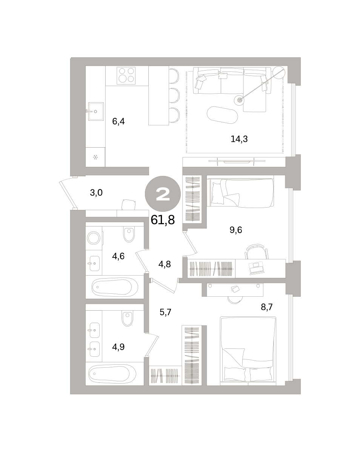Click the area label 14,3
coord(239,139)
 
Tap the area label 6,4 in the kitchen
coord(118,122)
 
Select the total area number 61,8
coord(163,220)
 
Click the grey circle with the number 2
coord(163,194)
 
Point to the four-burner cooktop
coord(126,75)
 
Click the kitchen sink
coord(96,111)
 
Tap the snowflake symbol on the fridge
coord(95,157)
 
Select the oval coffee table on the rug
coord(222,115)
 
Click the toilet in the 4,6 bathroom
coord(129,235)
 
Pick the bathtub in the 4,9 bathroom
coord(112,374)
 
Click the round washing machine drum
coord(94,238)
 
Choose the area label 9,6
coord(235,230)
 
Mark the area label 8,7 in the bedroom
coord(266,307)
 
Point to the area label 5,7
coord(165,312)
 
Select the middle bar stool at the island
coord(174,96)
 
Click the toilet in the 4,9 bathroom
coord(127,319)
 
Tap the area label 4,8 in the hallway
coord(164,264)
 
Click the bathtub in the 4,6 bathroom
coord(115,287)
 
